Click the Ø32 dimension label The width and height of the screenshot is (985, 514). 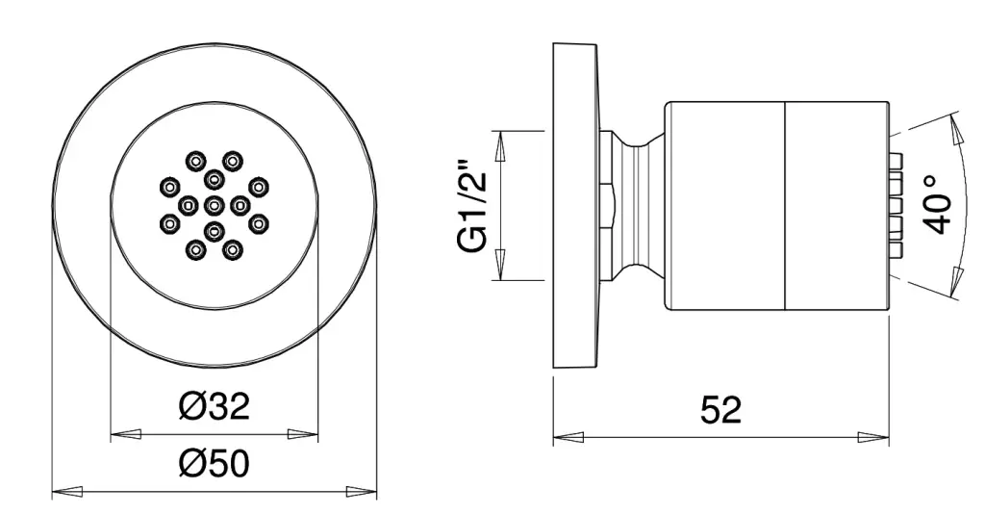215,406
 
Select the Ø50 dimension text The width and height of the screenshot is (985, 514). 215,464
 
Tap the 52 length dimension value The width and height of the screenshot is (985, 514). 720,410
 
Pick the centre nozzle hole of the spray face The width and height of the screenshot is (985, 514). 215,204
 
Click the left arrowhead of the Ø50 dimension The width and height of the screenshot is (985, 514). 66,491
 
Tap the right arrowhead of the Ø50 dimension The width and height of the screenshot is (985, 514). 362,491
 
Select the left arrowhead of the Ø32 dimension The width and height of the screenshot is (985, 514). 126,434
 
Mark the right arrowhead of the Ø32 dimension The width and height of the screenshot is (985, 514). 303,434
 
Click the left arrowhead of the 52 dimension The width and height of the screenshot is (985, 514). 568,437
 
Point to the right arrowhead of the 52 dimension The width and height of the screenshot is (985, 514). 873,437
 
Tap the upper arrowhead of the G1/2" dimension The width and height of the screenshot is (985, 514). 500,145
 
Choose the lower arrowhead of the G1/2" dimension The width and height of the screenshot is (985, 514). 500,265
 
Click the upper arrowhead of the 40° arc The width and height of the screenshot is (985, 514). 956,130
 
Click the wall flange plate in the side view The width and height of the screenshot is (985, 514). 575,205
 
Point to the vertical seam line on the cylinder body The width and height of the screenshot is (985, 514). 785,205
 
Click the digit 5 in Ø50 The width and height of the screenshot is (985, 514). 216,464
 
